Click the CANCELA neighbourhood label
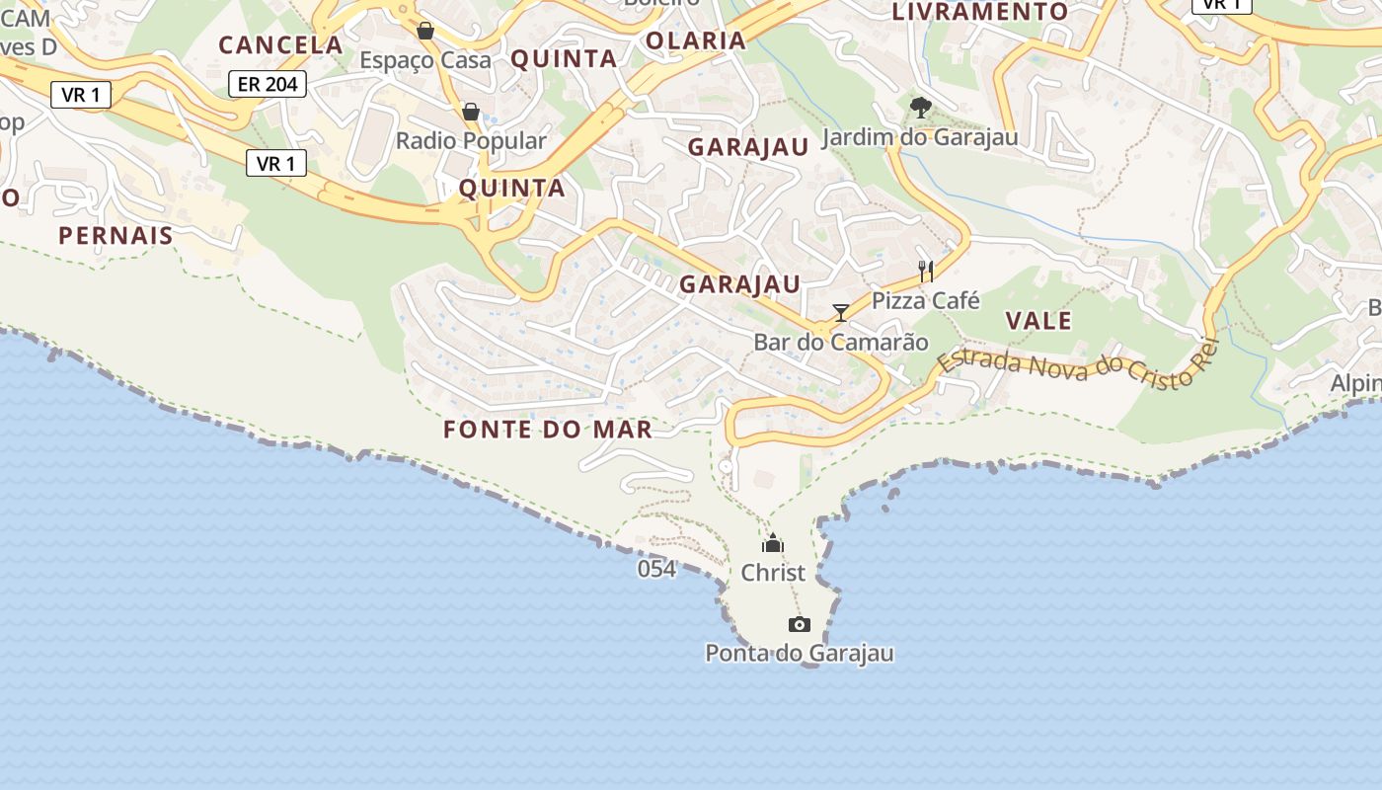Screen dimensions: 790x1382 click(280, 44)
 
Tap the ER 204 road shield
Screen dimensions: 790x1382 click(268, 84)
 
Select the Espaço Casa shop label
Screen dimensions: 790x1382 click(424, 60)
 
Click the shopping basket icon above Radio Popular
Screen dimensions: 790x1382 click(471, 112)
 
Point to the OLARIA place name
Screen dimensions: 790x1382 click(696, 40)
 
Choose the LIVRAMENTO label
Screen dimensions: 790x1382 click(980, 12)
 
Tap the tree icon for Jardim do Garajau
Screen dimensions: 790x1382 click(921, 107)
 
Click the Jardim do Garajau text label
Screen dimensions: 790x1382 click(920, 137)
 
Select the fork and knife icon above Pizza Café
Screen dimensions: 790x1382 click(926, 271)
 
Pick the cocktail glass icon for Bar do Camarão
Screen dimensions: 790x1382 click(841, 313)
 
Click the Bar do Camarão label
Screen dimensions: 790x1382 click(841, 343)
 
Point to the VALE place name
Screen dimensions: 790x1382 click(1038, 320)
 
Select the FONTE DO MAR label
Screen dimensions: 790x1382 click(548, 430)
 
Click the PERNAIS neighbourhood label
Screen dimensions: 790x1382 click(115, 235)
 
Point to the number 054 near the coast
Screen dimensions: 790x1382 click(656, 569)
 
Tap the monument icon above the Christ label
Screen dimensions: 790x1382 click(773, 543)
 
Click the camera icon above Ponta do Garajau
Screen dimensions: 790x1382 click(800, 624)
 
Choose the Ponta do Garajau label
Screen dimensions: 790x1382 click(800, 653)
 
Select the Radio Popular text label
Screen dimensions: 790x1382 click(471, 141)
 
